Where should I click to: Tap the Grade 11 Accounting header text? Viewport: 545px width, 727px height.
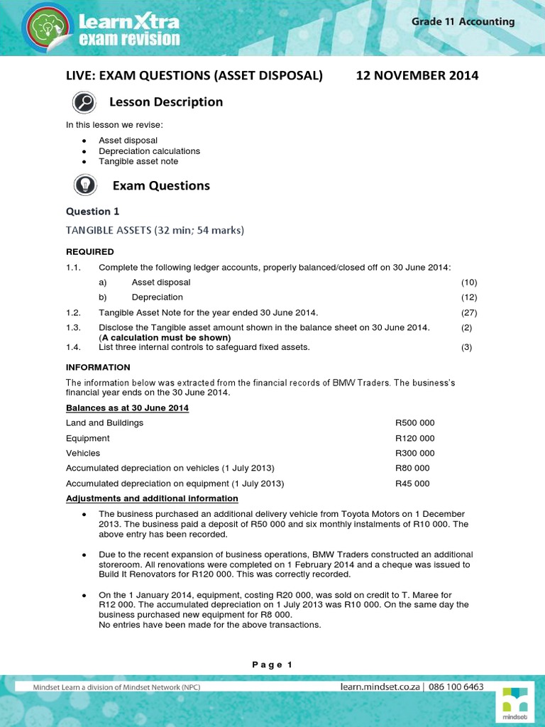tap(463, 21)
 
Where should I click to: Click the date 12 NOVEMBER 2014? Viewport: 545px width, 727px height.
tap(417, 75)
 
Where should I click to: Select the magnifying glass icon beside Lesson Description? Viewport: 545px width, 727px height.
tap(84, 103)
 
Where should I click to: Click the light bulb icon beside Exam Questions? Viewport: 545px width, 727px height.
tap(84, 186)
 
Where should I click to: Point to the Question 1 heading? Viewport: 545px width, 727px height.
tap(88, 212)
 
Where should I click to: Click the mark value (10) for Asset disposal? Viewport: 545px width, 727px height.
tap(468, 282)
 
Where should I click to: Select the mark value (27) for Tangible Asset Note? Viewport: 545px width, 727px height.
tap(468, 312)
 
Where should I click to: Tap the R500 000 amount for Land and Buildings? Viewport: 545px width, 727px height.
tap(415, 422)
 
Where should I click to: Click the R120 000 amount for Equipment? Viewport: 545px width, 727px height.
tap(415, 438)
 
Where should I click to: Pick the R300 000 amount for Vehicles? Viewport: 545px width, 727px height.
tap(415, 453)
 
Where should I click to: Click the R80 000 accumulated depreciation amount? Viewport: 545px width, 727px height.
tap(412, 468)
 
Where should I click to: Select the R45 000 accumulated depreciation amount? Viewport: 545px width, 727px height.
tap(412, 483)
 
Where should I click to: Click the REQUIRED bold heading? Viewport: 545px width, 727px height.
tap(89, 251)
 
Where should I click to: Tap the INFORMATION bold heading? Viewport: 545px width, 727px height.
tap(98, 367)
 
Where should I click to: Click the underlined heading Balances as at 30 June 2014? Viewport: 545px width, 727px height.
tap(127, 408)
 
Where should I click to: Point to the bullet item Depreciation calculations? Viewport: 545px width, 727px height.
tap(149, 151)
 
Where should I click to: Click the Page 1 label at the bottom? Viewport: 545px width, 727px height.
tap(272, 665)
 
